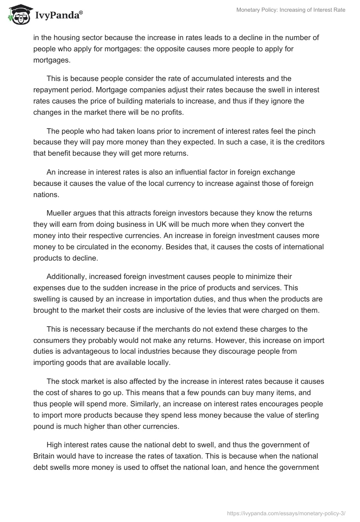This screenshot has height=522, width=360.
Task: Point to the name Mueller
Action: [x=60, y=212]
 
